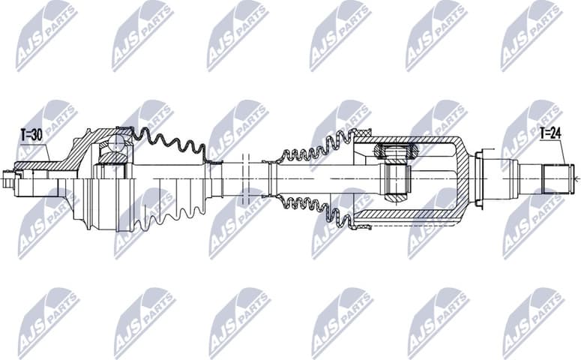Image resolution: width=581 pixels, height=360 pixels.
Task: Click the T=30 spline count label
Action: coord(29,135)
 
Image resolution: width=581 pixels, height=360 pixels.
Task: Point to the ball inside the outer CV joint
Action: coord(116,142)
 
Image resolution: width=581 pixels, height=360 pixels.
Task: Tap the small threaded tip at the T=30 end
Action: coord(9,179)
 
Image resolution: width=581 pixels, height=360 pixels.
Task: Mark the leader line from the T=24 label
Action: coord(562,154)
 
